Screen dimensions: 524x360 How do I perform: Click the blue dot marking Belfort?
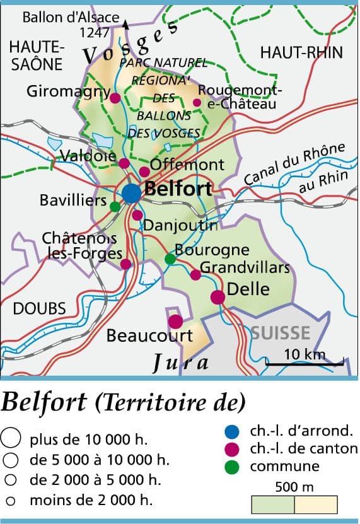pyautogui.click(x=131, y=194)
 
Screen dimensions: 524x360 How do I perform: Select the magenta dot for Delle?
pyautogui.click(x=218, y=297)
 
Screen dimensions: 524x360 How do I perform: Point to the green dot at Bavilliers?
pyautogui.click(x=115, y=206)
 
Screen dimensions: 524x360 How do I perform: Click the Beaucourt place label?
pyautogui.click(x=149, y=335)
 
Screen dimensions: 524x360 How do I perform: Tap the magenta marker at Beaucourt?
pyautogui.click(x=175, y=322)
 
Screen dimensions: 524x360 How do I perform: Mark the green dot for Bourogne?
pyautogui.click(x=169, y=259)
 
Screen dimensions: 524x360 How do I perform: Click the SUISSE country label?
pyautogui.click(x=281, y=333)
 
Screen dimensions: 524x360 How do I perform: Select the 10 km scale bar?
pyautogui.click(x=305, y=363)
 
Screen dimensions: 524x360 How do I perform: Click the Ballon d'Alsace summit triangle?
pyautogui.click(x=125, y=25)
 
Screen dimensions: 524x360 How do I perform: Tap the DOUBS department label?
pyautogui.click(x=39, y=308)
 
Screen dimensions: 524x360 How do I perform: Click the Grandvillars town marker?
pyautogui.click(x=195, y=275)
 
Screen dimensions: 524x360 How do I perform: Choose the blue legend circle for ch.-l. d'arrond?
pyautogui.click(x=232, y=432)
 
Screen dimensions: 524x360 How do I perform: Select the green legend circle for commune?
pyautogui.click(x=232, y=467)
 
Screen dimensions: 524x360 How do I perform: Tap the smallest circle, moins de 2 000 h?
pyautogui.click(x=10, y=502)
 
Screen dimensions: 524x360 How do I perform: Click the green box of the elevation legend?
pyautogui.click(x=273, y=504)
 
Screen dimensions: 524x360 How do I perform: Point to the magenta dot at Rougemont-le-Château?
pyautogui.click(x=197, y=102)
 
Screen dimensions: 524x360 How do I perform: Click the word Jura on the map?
pyautogui.click(x=181, y=362)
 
